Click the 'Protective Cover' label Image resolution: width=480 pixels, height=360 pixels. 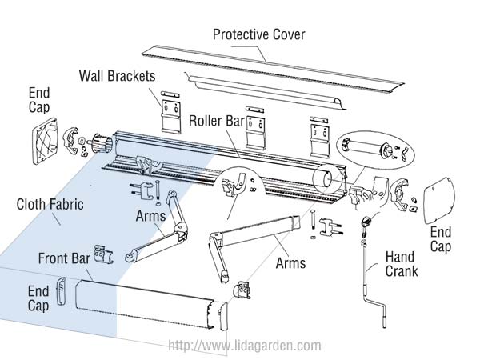(x=258, y=34)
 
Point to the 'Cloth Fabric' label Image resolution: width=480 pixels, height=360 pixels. (x=50, y=204)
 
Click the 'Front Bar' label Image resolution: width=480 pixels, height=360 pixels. (x=66, y=258)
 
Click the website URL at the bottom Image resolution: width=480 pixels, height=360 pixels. (x=243, y=346)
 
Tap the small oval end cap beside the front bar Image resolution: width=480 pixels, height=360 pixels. (x=61, y=287)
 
